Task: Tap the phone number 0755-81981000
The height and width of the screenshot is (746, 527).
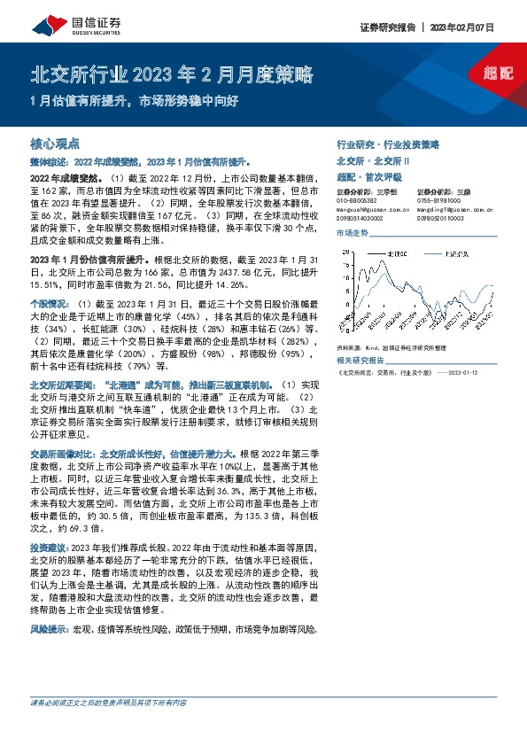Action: click(x=438, y=200)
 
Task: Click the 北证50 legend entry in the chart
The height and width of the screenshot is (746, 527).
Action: click(x=395, y=253)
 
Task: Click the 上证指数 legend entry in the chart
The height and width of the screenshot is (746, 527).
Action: click(x=457, y=253)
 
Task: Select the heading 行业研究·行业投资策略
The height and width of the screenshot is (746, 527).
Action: click(x=388, y=144)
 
